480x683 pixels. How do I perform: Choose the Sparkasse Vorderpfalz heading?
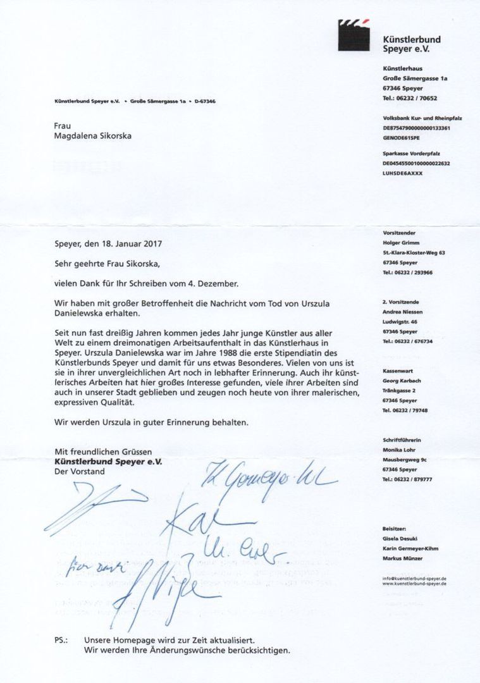click(x=411, y=154)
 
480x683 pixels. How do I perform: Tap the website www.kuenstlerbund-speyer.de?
click(x=414, y=584)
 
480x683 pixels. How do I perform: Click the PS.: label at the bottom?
click(x=61, y=641)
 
